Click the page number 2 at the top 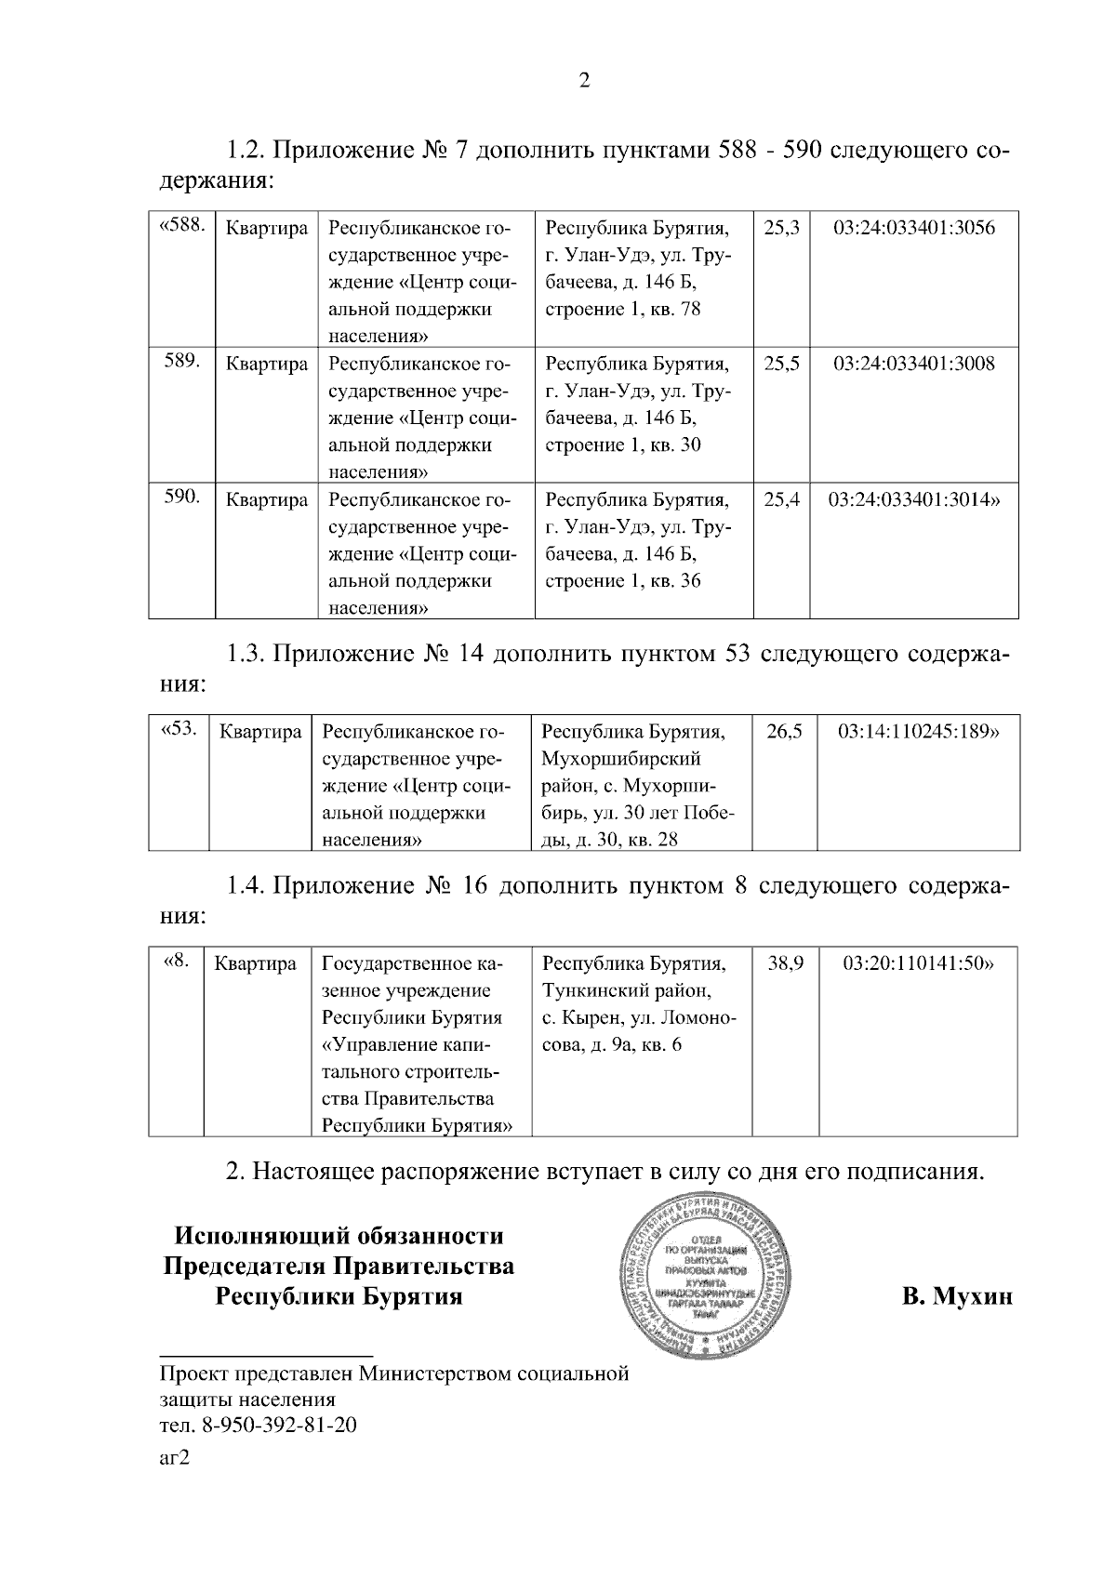click(x=584, y=81)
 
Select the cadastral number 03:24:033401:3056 click(x=913, y=228)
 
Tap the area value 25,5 click(x=781, y=364)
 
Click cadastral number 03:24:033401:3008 click(x=913, y=364)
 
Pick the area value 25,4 click(x=781, y=500)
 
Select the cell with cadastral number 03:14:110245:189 click(x=919, y=732)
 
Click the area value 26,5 click(x=784, y=732)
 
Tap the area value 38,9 click(x=785, y=964)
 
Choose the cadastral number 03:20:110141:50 click(x=918, y=964)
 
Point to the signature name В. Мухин click(x=956, y=1295)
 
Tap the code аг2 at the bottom click(x=174, y=1457)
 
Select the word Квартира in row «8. click(x=255, y=964)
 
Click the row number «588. click(x=181, y=226)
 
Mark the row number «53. click(x=179, y=729)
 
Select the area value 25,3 click(x=781, y=228)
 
